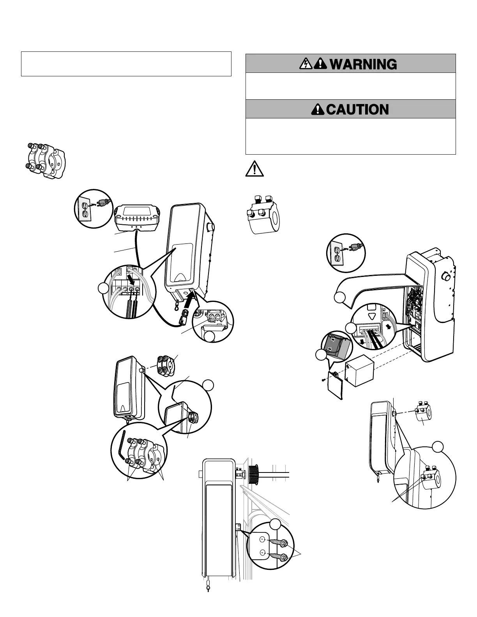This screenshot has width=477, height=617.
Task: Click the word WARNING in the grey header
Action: coord(363,64)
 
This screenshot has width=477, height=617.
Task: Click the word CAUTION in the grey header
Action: coord(357,109)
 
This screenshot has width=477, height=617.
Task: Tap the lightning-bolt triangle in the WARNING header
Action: coord(305,64)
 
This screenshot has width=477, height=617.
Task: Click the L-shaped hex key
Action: coord(123,444)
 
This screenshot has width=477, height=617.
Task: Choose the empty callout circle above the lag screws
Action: coord(276,524)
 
